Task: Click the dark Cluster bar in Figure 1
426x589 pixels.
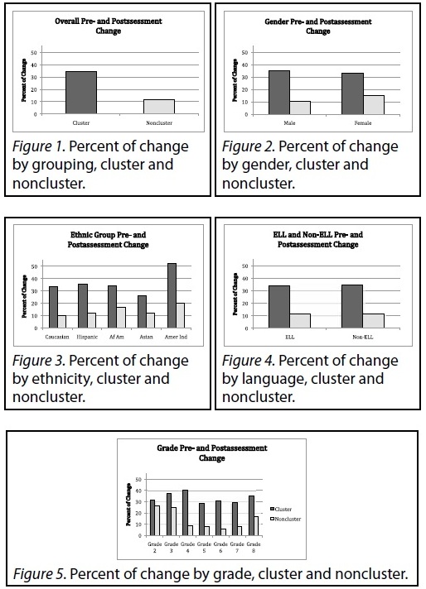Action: [x=81, y=93]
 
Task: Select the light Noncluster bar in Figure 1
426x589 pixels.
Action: [x=159, y=107]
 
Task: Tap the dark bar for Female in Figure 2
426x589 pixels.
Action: [x=352, y=93]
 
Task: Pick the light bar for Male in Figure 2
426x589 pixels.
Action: [x=300, y=108]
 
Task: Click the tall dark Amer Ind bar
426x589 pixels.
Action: [x=172, y=295]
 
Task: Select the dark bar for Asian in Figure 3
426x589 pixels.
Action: [x=142, y=312]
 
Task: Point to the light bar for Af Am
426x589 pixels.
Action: [x=121, y=318]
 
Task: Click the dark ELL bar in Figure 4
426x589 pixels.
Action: [x=279, y=307]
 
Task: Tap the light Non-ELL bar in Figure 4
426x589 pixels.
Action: [x=373, y=321]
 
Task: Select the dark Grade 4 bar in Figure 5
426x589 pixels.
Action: [x=185, y=513]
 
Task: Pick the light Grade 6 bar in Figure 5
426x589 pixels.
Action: [x=223, y=532]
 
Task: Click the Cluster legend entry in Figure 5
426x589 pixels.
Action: [x=281, y=510]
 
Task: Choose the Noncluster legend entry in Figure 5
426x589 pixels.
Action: [x=286, y=520]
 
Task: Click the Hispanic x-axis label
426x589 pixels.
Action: [x=87, y=337]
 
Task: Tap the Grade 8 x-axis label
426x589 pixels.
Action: [x=254, y=548]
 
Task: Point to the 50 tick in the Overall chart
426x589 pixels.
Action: [x=34, y=53]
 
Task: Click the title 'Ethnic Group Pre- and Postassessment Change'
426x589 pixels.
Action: [x=108, y=240]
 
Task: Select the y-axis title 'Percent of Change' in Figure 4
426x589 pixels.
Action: [x=235, y=294]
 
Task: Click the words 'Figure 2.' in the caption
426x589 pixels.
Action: [x=248, y=146]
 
